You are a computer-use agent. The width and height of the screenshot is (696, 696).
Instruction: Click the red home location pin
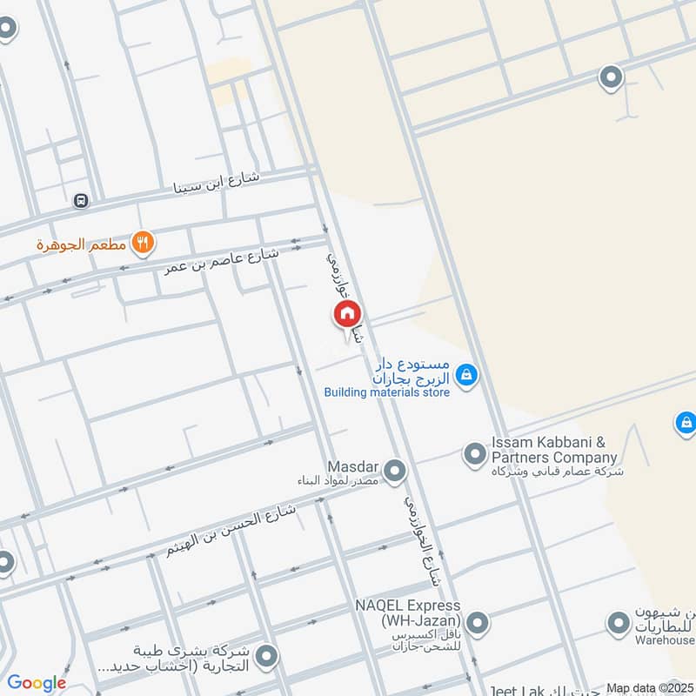(347, 314)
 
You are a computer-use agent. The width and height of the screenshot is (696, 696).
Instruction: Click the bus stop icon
(81, 201)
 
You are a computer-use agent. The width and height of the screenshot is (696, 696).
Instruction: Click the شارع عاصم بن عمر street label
(223, 259)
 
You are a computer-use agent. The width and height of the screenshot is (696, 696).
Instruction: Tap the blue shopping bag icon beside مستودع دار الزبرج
(467, 375)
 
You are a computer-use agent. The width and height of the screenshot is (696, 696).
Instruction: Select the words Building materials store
(387, 392)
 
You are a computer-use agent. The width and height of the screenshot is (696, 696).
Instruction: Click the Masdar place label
(351, 467)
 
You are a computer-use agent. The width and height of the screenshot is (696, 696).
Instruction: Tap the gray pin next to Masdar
(395, 471)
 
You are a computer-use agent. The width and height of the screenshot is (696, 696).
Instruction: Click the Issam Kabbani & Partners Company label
(554, 451)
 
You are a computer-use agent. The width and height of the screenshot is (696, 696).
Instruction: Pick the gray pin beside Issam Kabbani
(474, 454)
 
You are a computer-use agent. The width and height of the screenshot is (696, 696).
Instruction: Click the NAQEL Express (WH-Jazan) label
(407, 612)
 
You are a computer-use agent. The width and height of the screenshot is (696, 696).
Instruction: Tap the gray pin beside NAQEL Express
(477, 623)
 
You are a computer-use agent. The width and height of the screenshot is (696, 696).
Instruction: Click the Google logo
(37, 683)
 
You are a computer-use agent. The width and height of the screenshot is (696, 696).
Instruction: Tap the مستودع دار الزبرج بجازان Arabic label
(412, 370)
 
